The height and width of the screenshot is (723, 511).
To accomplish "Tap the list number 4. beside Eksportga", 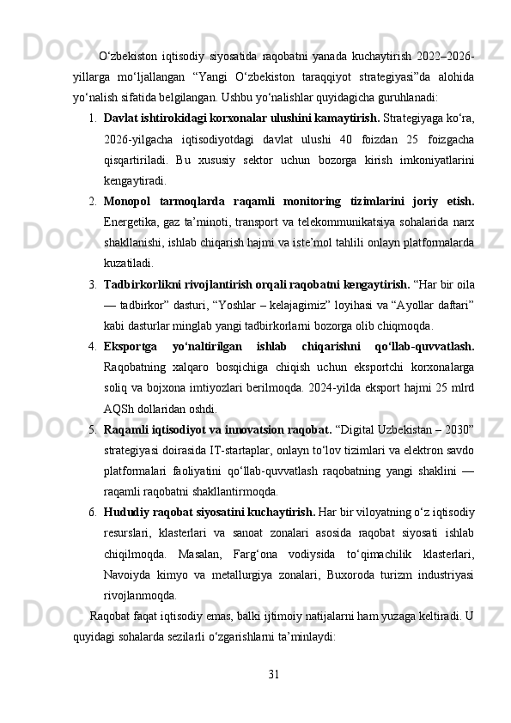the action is point(91,346).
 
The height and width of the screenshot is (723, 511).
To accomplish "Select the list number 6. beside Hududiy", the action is point(91,513).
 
